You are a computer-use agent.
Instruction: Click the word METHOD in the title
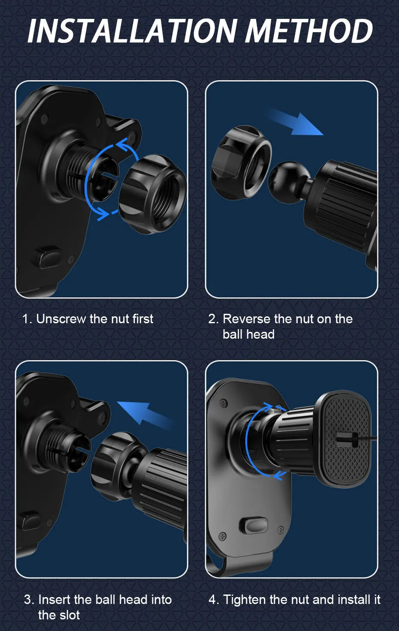[309, 31]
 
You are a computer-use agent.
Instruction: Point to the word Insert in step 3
[54, 599]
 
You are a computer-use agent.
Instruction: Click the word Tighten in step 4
[245, 599]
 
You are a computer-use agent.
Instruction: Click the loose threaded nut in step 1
[152, 194]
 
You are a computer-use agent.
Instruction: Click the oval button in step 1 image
[48, 257]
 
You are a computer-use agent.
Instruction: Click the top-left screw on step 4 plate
[223, 403]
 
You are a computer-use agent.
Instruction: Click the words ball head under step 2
[248, 334]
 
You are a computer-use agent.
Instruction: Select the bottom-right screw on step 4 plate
[281, 529]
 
